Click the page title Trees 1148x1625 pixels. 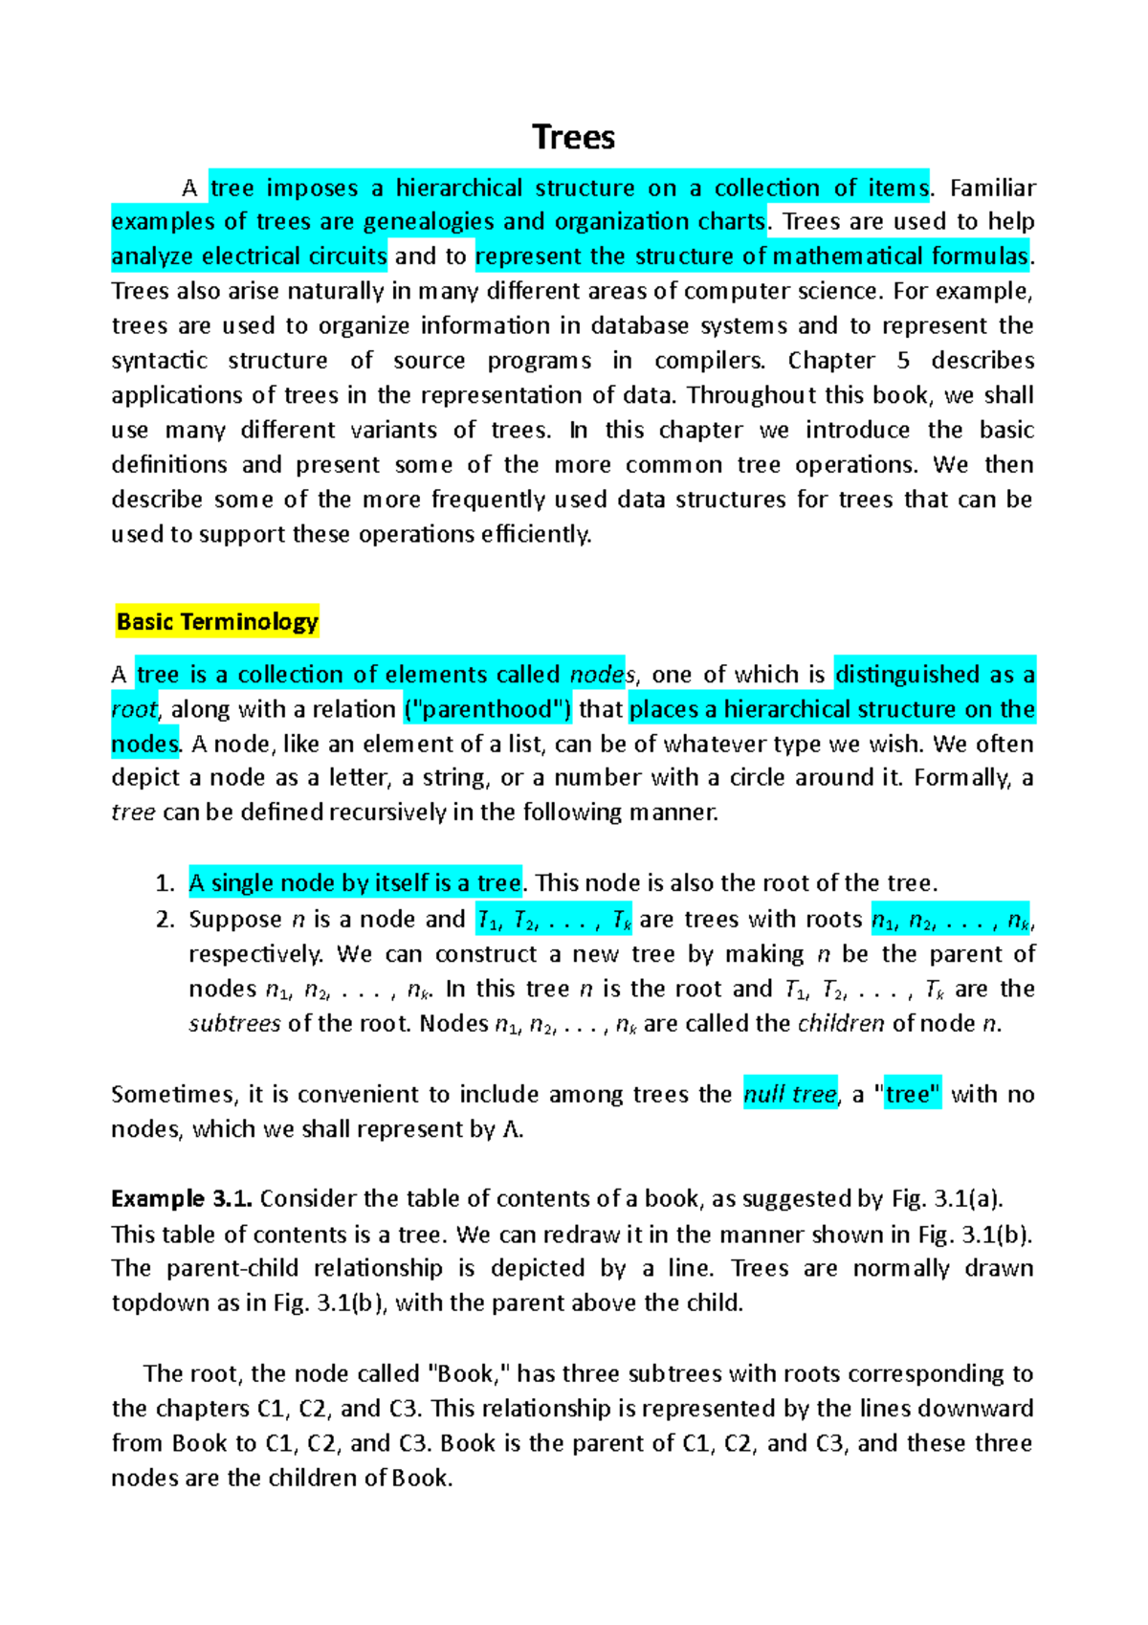(x=573, y=138)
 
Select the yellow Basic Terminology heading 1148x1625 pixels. (x=217, y=622)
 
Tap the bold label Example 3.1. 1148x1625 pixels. (x=182, y=1199)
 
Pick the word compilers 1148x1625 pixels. (x=709, y=361)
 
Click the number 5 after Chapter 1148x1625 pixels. (x=903, y=361)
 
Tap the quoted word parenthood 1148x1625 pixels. (x=488, y=709)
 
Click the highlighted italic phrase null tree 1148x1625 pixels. (x=789, y=1095)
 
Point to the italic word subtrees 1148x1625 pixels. (x=234, y=1024)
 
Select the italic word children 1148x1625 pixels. (x=841, y=1024)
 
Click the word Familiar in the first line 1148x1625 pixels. (x=992, y=188)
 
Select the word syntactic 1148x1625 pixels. (x=159, y=361)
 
